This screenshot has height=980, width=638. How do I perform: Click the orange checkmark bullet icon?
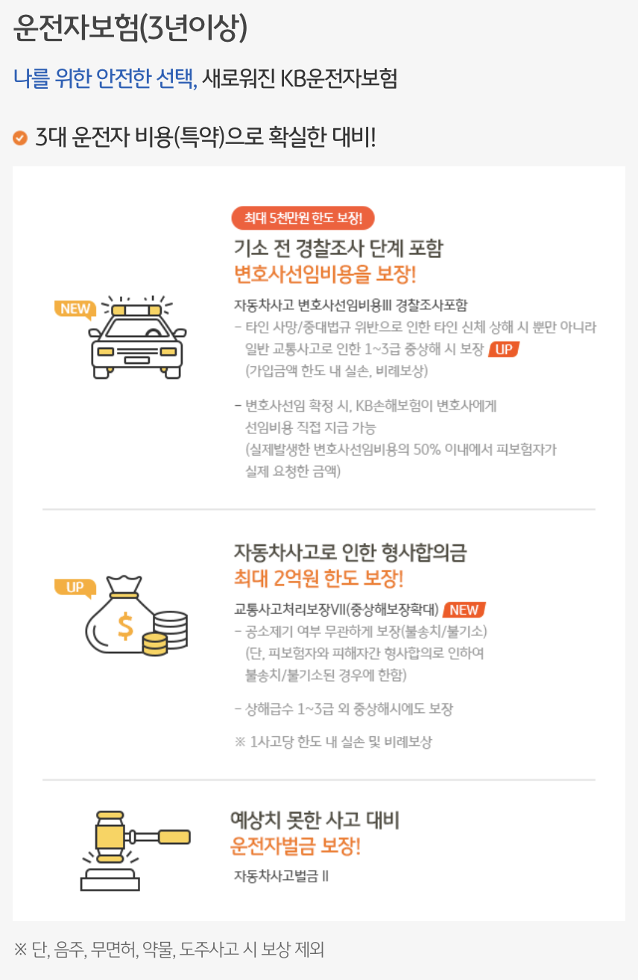pos(20,138)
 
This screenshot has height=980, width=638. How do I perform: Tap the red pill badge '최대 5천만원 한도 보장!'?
pos(303,218)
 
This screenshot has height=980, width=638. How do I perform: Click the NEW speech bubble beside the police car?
pos(75,309)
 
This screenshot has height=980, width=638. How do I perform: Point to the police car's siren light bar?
pos(136,310)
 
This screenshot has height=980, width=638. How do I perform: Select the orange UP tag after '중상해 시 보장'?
pos(504,349)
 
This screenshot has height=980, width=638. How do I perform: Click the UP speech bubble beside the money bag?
pos(75,587)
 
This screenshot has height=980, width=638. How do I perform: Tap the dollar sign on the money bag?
pos(125,626)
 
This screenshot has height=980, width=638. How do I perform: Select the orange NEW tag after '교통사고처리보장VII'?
pos(464,610)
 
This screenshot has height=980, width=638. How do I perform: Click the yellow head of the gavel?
pos(110,837)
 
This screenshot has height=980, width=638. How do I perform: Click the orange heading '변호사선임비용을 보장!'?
pos(325,274)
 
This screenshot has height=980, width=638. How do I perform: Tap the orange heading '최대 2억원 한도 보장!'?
pos(319,578)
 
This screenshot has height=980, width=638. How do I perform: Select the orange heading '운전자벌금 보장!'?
pos(296,846)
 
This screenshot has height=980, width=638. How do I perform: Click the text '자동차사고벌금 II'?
pos(281,876)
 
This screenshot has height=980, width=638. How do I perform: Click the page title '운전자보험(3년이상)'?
pos(130,28)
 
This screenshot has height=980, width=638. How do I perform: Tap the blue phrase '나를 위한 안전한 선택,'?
pos(105,78)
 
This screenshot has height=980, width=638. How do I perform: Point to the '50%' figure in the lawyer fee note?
pos(427,449)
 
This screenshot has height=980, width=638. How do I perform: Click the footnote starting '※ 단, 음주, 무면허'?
pos(168,949)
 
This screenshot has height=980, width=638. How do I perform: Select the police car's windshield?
pos(137,327)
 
